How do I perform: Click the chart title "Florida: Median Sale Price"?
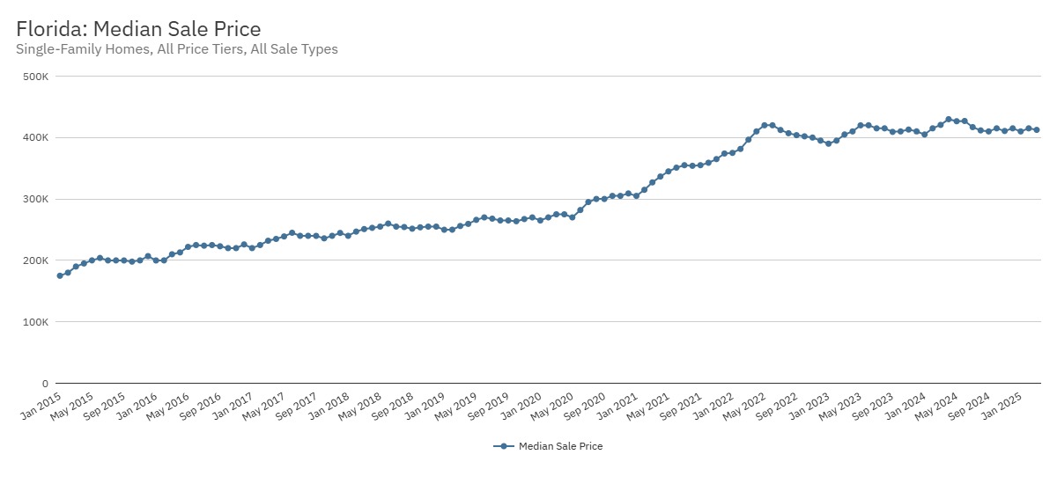coord(138,30)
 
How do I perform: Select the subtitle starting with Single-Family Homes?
coord(176,50)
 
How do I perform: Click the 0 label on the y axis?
coord(44,384)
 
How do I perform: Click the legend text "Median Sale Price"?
coord(560,446)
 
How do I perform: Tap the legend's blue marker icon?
coord(503,446)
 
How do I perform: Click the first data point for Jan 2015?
coord(60,275)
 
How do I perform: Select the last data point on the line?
coord(1036,129)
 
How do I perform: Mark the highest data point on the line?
coord(948,119)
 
